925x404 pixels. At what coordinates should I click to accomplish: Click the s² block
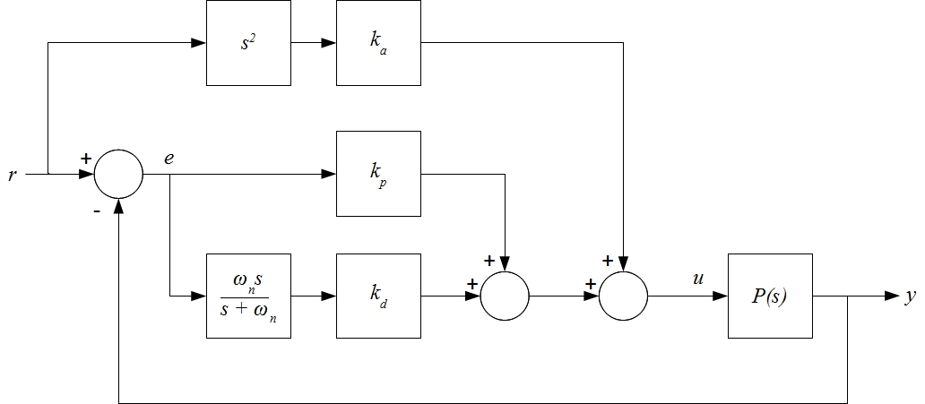[x=248, y=43]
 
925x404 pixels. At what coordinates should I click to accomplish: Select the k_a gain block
[x=378, y=43]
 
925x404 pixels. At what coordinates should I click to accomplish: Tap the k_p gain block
[x=378, y=173]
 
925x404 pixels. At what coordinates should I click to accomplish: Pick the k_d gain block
[x=378, y=296]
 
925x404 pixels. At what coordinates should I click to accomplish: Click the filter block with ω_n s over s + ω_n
[x=248, y=296]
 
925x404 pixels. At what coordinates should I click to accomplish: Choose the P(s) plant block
[x=770, y=296]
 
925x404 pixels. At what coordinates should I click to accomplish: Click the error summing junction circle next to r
[x=119, y=173]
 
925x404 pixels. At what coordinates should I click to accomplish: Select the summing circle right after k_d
[x=505, y=296]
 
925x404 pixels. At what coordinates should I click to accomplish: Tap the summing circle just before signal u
[x=623, y=296]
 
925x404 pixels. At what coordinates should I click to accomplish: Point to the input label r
[x=12, y=175]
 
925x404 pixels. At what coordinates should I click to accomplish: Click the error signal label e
[x=169, y=157]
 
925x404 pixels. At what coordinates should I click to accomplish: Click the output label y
[x=910, y=297]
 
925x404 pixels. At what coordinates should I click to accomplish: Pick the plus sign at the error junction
[x=86, y=158]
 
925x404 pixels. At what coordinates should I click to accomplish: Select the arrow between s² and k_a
[x=313, y=43]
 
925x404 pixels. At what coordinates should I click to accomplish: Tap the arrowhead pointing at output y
[x=891, y=296]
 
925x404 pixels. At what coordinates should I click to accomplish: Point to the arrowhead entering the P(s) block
[x=721, y=296]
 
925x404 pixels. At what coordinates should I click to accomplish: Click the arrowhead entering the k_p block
[x=329, y=173]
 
